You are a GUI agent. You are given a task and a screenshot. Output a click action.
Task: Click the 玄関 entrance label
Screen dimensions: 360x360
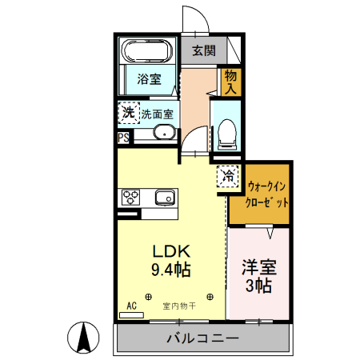203,50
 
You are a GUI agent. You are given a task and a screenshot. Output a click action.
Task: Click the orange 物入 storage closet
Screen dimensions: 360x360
230,81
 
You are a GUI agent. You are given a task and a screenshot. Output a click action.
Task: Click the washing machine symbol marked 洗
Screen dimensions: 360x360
129,113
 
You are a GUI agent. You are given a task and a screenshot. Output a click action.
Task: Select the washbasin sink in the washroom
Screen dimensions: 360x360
162,133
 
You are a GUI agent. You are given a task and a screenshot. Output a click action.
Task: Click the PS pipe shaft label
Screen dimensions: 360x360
123,138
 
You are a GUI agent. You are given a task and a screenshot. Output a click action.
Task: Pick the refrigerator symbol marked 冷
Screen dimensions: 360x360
229,174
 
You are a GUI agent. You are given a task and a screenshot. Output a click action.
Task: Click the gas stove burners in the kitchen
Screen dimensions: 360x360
130,197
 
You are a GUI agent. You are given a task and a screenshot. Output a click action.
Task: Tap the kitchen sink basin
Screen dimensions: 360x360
165,198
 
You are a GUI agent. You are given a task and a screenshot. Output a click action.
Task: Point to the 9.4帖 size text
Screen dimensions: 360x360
170,270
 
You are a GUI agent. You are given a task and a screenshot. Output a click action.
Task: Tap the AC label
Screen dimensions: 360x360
132,306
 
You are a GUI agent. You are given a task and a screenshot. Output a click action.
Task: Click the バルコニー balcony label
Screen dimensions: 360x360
202,338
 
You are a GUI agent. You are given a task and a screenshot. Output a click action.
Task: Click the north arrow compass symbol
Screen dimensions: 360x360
82,337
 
